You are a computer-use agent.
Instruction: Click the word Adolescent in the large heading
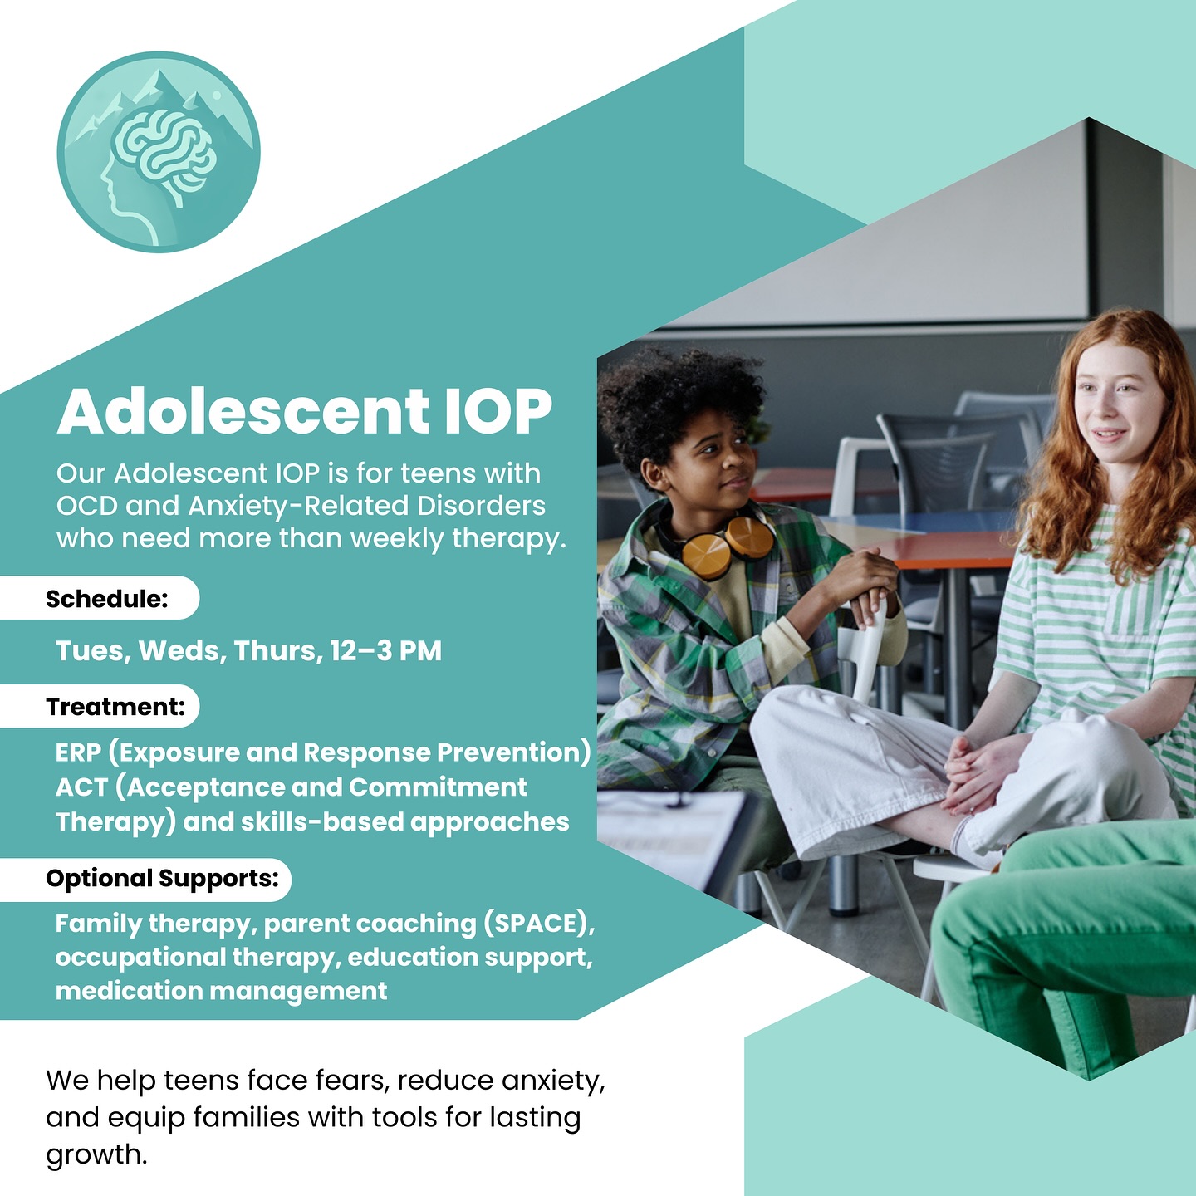[x=243, y=411]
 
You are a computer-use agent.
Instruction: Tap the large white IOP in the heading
[x=498, y=411]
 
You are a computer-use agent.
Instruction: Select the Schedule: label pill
[x=100, y=598]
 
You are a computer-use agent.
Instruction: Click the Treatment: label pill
[x=100, y=706]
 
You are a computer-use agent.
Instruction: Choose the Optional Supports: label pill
[x=145, y=878]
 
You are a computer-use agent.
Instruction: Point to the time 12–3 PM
[x=385, y=650]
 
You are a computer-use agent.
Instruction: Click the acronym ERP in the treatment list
[x=78, y=752]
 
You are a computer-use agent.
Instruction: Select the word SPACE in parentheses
[x=537, y=924]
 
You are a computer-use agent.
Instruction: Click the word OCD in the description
[x=87, y=506]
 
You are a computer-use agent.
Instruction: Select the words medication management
[x=222, y=991]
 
